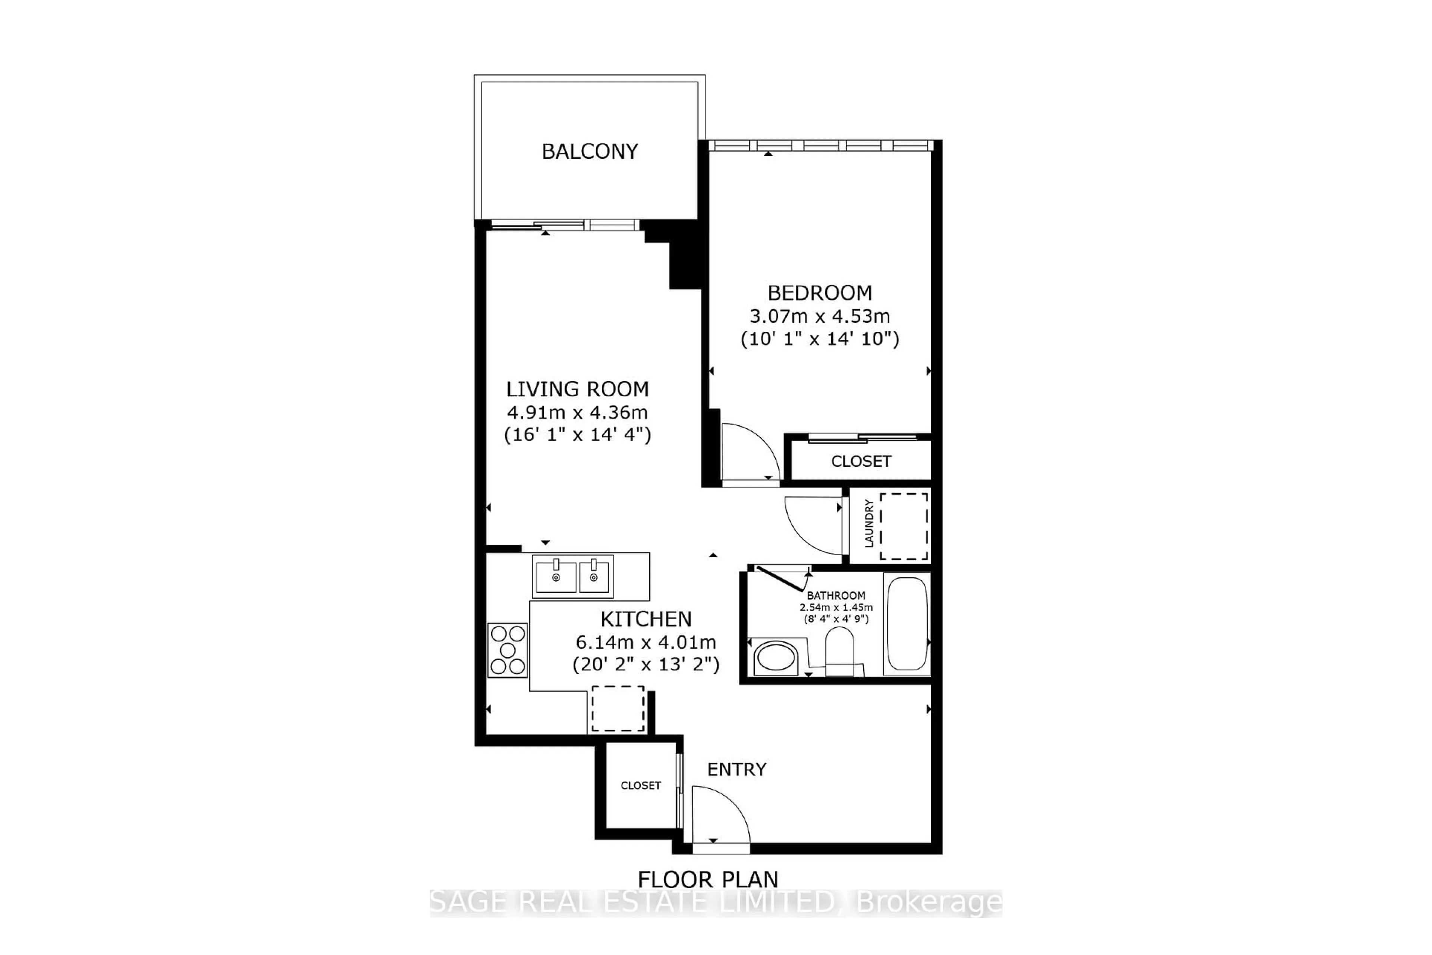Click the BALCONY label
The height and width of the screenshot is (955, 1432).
589,151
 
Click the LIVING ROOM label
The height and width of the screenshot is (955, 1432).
577,388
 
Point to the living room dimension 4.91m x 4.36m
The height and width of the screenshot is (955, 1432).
577,412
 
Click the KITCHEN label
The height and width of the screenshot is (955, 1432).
646,619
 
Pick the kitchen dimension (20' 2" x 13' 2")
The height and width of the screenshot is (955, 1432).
646,664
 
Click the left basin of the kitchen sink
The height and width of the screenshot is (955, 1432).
555,576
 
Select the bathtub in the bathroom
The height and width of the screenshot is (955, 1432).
907,624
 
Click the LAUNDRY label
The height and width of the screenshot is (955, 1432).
869,523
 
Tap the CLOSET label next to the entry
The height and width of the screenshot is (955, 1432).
640,786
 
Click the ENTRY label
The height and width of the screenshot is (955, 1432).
736,769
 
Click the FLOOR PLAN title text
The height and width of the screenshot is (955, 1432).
707,879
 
